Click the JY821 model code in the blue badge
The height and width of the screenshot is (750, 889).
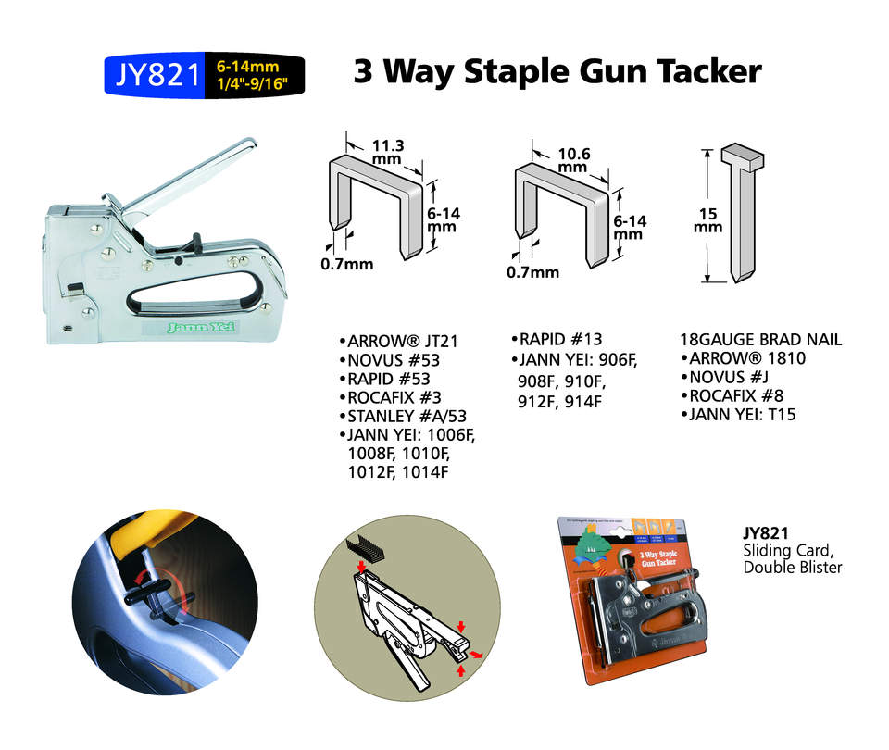click(x=155, y=75)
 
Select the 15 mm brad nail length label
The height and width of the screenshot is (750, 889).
click(x=709, y=219)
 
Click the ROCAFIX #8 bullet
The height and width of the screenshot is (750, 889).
click(x=735, y=395)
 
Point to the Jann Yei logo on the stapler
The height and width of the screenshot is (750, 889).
click(x=202, y=326)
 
